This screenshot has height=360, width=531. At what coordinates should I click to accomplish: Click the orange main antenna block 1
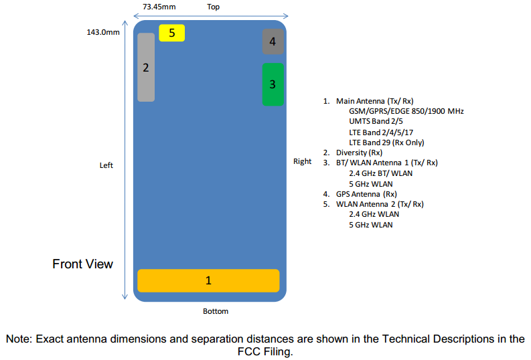208,280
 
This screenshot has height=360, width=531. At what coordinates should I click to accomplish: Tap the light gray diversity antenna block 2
146,67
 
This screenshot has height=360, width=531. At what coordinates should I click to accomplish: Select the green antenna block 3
273,84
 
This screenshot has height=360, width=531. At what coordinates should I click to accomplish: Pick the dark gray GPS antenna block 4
273,41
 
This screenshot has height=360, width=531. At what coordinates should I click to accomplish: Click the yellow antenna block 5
172,32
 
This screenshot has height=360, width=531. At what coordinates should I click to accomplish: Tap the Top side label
214,7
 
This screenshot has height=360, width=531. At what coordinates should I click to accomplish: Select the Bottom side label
216,311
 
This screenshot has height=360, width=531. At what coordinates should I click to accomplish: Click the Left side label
106,165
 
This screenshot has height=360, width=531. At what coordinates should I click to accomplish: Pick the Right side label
302,161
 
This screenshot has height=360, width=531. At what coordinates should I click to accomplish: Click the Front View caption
82,264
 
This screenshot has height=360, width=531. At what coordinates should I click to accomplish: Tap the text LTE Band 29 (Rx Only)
386,143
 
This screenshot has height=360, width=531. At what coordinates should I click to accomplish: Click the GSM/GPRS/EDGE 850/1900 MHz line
406,111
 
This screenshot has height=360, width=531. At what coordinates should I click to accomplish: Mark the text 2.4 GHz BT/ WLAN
380,173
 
